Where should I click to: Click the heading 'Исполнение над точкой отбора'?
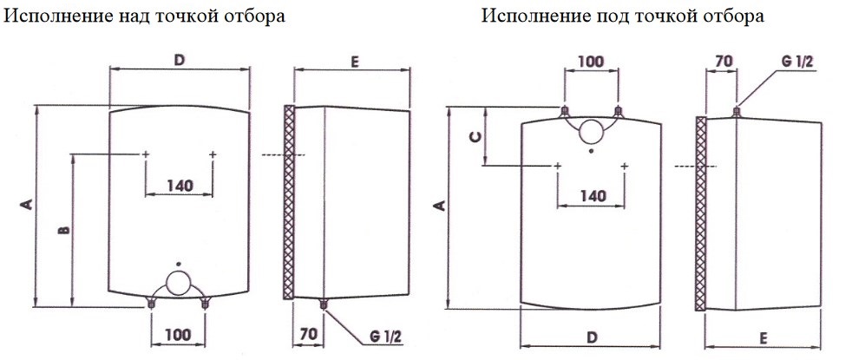pos(145,17)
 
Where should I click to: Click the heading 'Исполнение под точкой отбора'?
pos(623,17)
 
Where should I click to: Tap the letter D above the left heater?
pos(180,60)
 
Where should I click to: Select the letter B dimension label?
pos(62,230)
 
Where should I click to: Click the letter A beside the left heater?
pos(26,205)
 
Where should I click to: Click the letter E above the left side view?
pos(354,62)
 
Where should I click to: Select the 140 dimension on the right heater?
pos(591,195)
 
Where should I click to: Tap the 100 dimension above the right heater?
pos(591,62)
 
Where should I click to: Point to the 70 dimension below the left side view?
pos(308,334)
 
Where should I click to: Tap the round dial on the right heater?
pos(591,131)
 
